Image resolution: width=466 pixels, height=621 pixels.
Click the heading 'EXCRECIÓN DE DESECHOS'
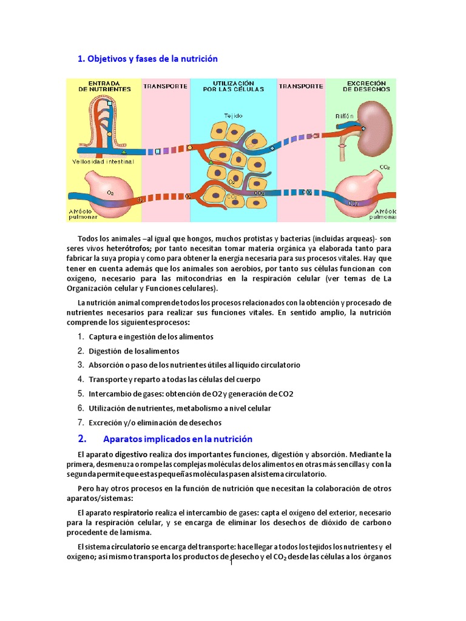pyautogui.click(x=366, y=86)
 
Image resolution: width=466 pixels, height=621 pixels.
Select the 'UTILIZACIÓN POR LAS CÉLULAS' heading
pyautogui.click(x=233, y=86)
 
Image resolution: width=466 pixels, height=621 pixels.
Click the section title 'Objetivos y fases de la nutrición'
pyautogui.click(x=147, y=59)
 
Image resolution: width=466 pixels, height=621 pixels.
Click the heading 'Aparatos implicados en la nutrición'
pyautogui.click(x=178, y=438)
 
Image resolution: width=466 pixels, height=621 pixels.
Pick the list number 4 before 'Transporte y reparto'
pyautogui.click(x=80, y=379)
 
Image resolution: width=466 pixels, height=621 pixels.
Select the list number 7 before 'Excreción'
pyautogui.click(x=80, y=422)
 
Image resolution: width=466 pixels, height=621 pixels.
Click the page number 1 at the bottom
pyautogui.click(x=232, y=563)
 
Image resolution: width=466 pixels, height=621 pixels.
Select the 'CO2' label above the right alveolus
pyautogui.click(x=383, y=166)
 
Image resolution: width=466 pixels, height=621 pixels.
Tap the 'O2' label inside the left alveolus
pyautogui.click(x=110, y=192)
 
